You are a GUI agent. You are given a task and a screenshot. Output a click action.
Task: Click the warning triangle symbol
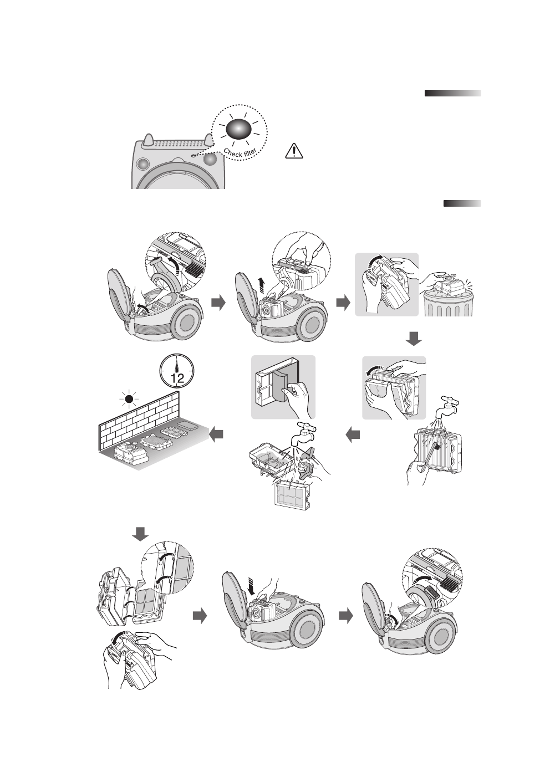pos(294,150)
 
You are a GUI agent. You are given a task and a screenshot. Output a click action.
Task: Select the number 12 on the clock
pos(177,380)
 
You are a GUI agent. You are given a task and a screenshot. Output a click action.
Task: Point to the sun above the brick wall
pos(129,398)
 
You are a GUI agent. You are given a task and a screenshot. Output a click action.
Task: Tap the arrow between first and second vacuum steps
pos(219,303)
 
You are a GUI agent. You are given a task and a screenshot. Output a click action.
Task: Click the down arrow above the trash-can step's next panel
pos(414,339)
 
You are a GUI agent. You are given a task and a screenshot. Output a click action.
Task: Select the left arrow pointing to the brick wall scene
pos(216,436)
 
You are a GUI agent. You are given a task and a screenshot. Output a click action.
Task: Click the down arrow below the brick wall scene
pos(140,534)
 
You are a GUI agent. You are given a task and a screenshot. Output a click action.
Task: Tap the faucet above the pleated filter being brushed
pos(446,406)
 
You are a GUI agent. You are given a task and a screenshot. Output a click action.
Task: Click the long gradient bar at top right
pos(452,93)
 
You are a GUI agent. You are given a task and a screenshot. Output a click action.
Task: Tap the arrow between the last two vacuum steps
pos(345,616)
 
